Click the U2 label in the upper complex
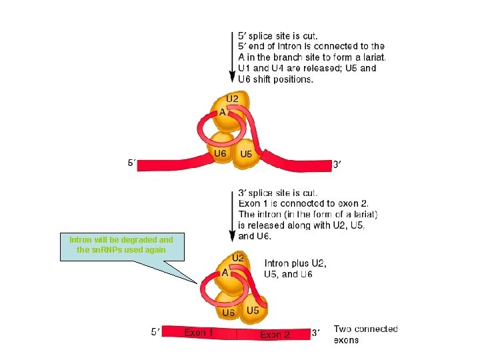[232, 99]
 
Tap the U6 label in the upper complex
[219, 154]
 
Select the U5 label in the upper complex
[246, 155]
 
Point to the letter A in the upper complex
[221, 113]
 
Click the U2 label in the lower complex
[238, 258]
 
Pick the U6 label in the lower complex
[228, 313]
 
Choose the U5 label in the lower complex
[253, 311]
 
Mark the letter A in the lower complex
[225, 273]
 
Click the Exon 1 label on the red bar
[199, 332]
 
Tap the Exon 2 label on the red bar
[275, 335]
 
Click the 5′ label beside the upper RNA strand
[133, 162]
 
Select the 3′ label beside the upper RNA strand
[337, 164]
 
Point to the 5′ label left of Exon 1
[155, 331]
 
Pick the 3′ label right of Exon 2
[317, 333]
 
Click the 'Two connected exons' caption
[365, 334]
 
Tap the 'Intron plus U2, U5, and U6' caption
[295, 268]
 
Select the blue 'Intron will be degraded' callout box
[121, 245]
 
